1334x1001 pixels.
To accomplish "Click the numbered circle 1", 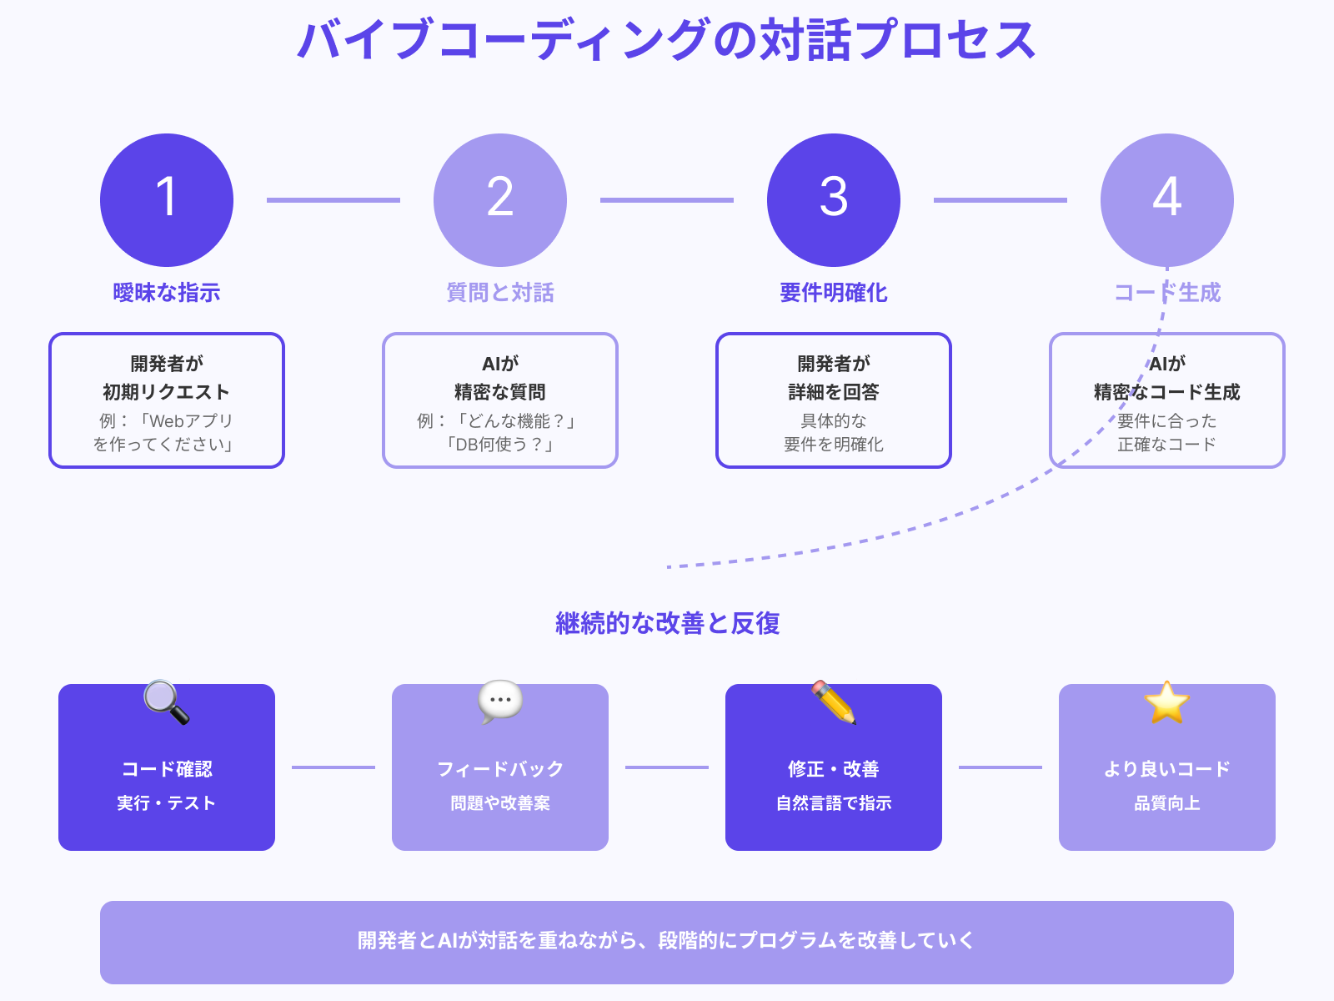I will tap(167, 200).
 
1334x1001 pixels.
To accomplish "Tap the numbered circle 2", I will tap(500, 200).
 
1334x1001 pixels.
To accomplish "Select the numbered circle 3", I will tap(834, 200).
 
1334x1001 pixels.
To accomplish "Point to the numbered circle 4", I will tap(1167, 200).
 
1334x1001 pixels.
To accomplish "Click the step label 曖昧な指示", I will tap(167, 293).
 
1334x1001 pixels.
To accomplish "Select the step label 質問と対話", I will tap(500, 293).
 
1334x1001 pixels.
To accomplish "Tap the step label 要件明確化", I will tap(834, 293).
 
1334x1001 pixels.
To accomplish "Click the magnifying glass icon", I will tap(166, 702).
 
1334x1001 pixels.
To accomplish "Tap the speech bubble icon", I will tap(500, 702).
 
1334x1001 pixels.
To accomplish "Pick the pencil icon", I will tap(834, 702).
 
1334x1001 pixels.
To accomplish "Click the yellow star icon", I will tap(1167, 702).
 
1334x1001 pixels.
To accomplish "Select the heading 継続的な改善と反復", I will tap(667, 623).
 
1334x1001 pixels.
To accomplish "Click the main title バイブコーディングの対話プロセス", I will tap(667, 40).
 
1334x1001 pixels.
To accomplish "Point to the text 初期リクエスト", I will tap(167, 392).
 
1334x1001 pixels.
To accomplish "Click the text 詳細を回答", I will tap(834, 392).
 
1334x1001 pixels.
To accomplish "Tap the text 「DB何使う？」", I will tap(500, 445).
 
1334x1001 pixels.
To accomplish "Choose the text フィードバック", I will tap(500, 769).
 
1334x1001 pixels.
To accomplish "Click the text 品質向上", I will tap(1167, 803).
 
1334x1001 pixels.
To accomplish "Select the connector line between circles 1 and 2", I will tap(333, 200).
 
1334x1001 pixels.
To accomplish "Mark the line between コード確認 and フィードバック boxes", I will tap(333, 767).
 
